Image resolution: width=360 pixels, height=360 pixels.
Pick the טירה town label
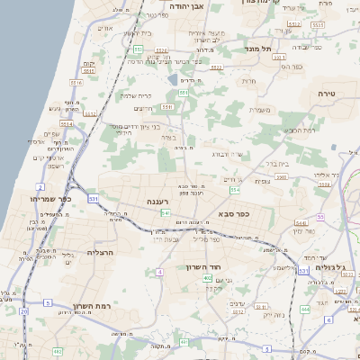(x=325, y=94)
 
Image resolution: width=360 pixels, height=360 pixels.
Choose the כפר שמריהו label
(x=44, y=198)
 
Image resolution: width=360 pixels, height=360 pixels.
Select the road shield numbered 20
(x=22, y=310)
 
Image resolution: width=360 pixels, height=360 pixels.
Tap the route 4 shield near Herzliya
(x=159, y=271)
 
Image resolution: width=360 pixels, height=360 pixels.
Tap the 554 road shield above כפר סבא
(x=235, y=190)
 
